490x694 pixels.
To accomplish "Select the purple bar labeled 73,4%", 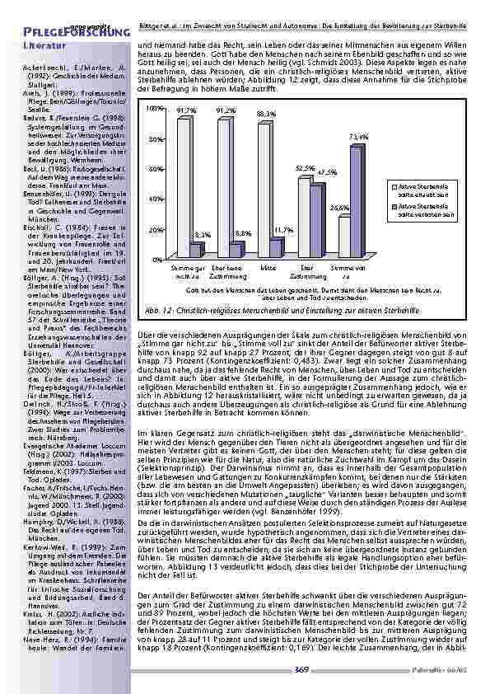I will click(356, 201).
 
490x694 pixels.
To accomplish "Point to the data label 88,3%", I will click(267, 112).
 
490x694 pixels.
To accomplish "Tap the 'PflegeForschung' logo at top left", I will click(66, 31).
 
